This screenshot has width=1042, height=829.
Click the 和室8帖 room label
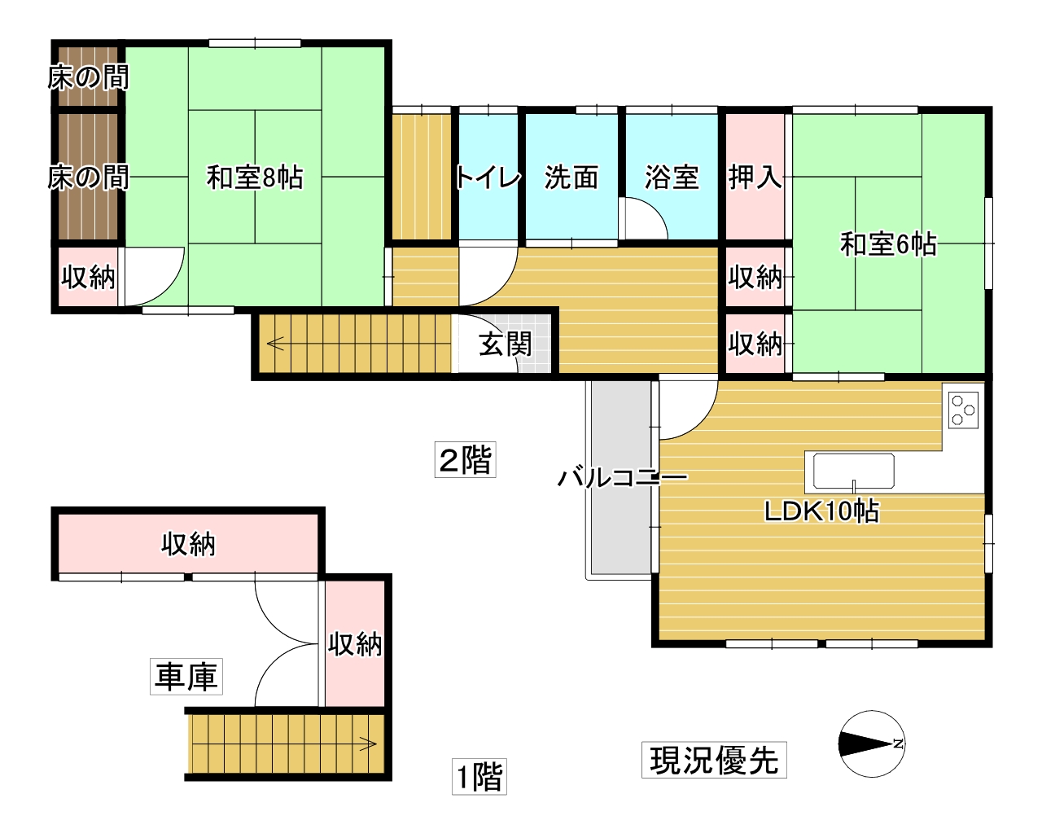click(255, 177)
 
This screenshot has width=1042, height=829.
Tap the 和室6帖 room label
click(888, 243)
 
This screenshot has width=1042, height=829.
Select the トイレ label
click(488, 177)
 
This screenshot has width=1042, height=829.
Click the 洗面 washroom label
click(571, 177)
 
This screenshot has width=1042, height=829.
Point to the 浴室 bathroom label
click(672, 177)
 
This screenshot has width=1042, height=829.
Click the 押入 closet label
click(755, 177)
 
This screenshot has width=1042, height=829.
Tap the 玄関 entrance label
click(505, 344)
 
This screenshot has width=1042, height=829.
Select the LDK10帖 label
click(821, 511)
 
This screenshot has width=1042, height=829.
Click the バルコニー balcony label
click(622, 477)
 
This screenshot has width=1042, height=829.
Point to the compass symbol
click(872, 743)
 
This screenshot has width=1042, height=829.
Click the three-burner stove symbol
click(964, 410)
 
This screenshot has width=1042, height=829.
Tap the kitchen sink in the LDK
click(853, 471)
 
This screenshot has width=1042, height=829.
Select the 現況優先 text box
click(714, 760)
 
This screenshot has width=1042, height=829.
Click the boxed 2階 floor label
click(465, 460)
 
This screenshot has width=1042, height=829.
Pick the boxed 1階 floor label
click(479, 776)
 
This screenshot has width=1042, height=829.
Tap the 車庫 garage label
click(186, 677)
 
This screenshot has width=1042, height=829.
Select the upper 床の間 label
click(88, 77)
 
